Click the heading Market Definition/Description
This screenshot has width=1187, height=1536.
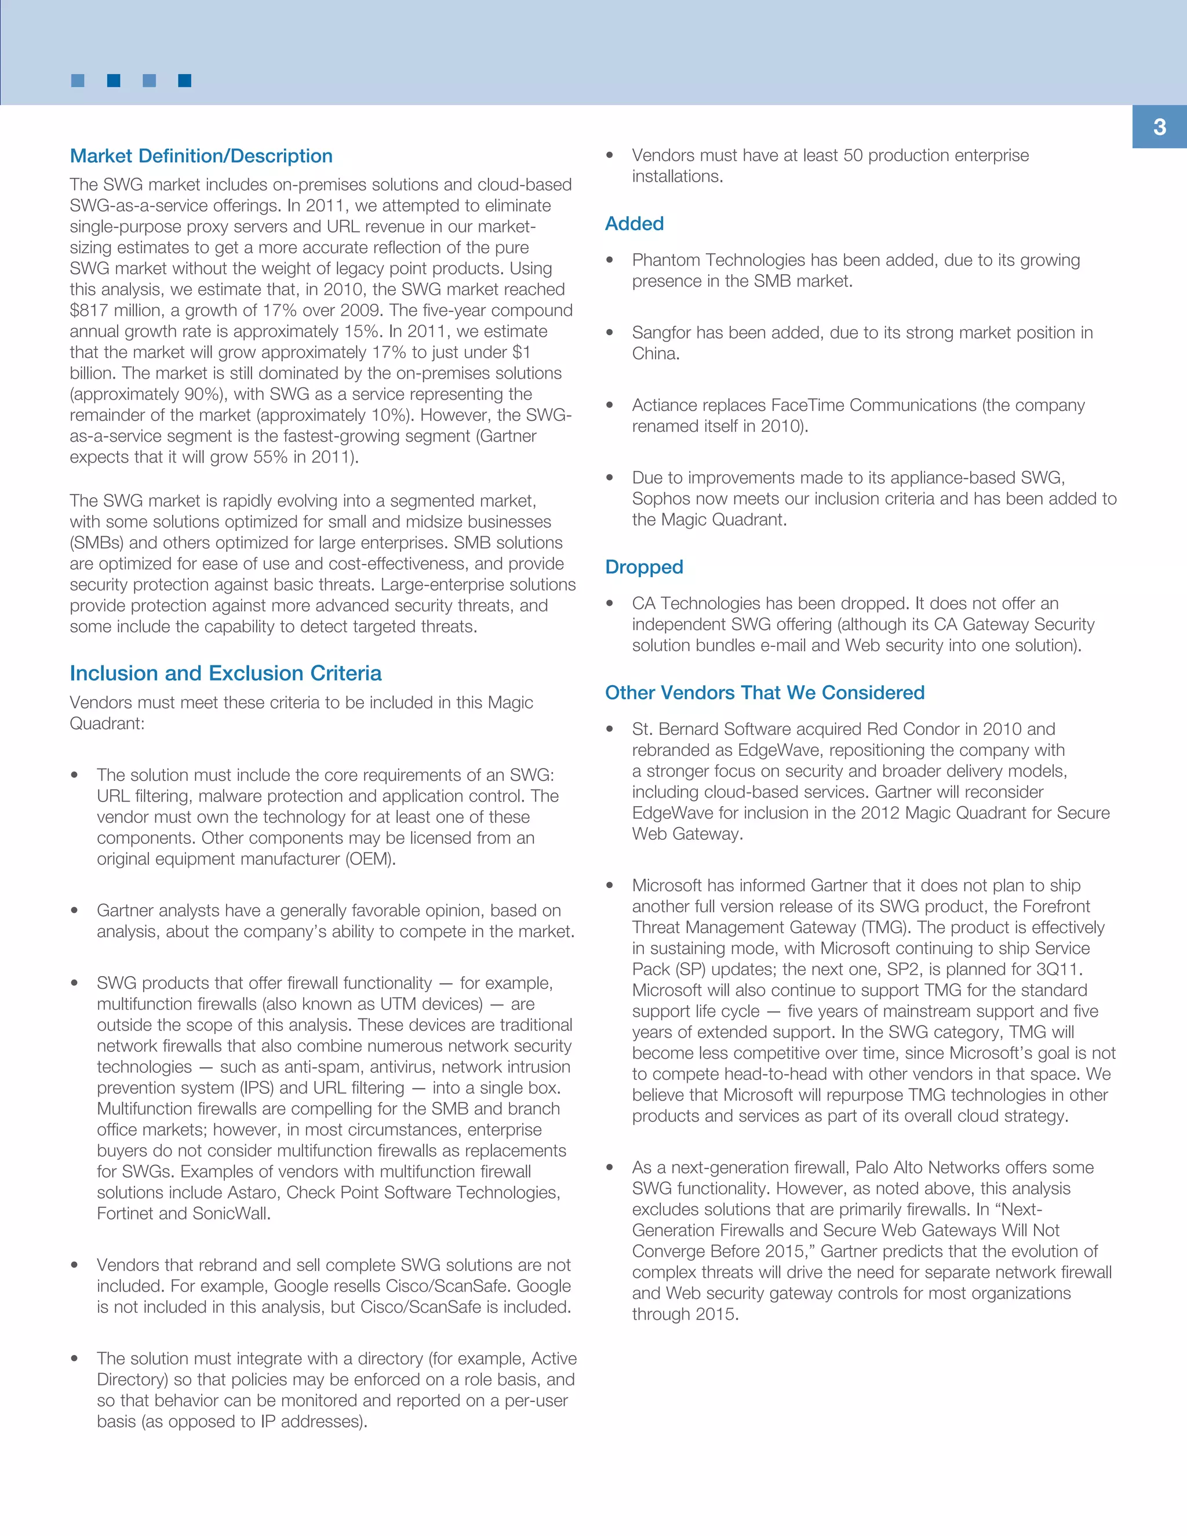coord(201,156)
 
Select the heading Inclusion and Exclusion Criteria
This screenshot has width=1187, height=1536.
coord(225,673)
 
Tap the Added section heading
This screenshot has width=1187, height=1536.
coord(634,224)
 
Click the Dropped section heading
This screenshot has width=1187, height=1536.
coord(644,567)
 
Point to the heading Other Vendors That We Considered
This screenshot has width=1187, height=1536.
coord(764,693)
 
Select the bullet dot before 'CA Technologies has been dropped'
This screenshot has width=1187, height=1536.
coord(610,603)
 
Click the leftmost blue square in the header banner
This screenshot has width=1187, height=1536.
coord(78,81)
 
